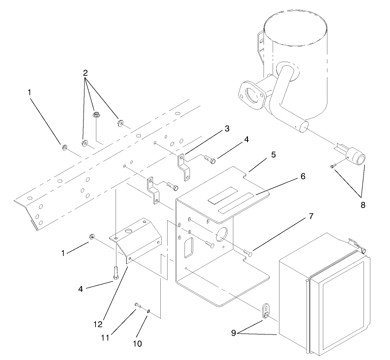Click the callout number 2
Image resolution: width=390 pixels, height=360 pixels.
(85, 73)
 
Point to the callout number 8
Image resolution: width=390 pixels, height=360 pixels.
(363, 205)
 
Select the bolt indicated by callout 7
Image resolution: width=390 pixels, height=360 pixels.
(248, 251)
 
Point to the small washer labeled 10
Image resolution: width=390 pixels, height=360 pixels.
(149, 312)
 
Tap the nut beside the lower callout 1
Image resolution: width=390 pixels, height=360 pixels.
(91, 237)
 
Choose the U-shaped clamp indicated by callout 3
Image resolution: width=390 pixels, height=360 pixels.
(183, 167)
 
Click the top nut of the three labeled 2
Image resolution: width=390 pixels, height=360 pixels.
(96, 115)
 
